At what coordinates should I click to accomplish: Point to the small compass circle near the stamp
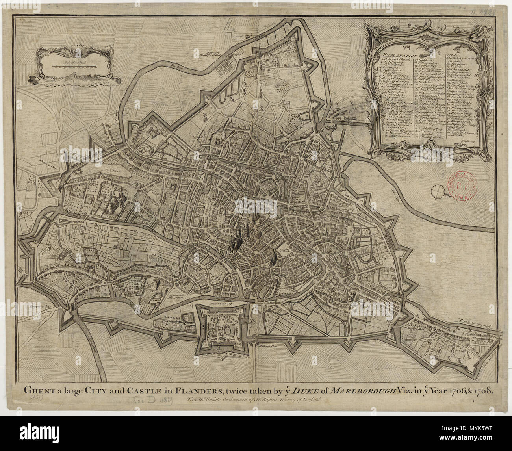438,191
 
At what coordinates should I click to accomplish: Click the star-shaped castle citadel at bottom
223,329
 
